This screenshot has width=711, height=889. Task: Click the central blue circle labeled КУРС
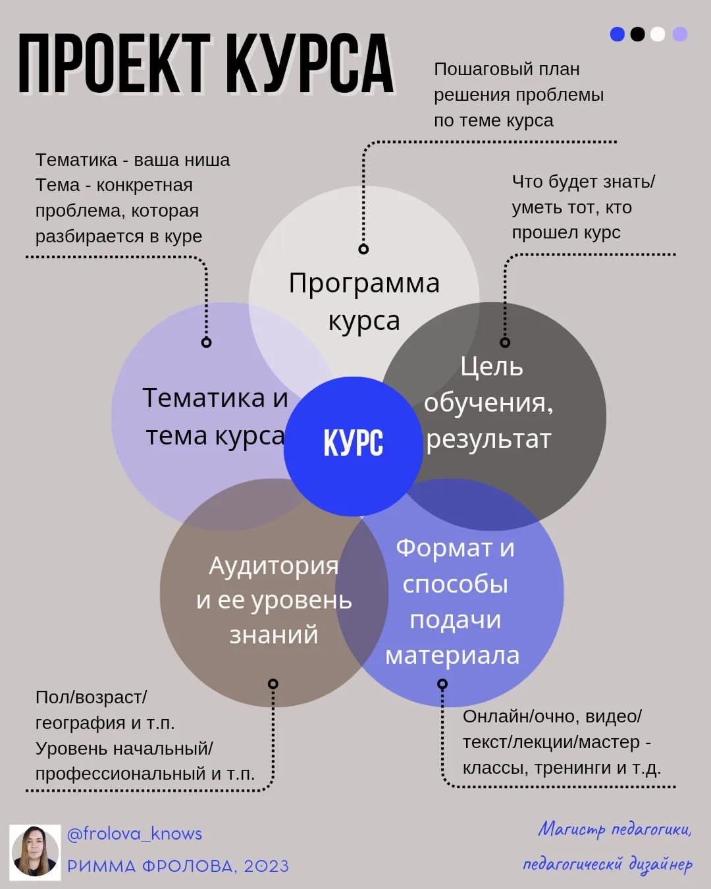(354, 446)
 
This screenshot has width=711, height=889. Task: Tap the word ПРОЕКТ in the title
(115, 63)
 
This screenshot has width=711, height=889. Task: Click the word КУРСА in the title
(310, 63)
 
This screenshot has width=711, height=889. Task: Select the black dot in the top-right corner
(637, 34)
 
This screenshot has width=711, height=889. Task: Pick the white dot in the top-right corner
(658, 34)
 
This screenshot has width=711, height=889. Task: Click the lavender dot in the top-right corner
(680, 34)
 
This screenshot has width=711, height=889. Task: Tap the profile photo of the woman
(35, 852)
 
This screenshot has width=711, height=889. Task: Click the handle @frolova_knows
(135, 834)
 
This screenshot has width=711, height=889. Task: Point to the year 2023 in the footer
(266, 866)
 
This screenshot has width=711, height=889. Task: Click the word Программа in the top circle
(364, 284)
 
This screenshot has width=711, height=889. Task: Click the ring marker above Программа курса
(363, 249)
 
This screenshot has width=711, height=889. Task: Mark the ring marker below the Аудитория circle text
(273, 684)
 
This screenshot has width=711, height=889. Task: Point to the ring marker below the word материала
(442, 684)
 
